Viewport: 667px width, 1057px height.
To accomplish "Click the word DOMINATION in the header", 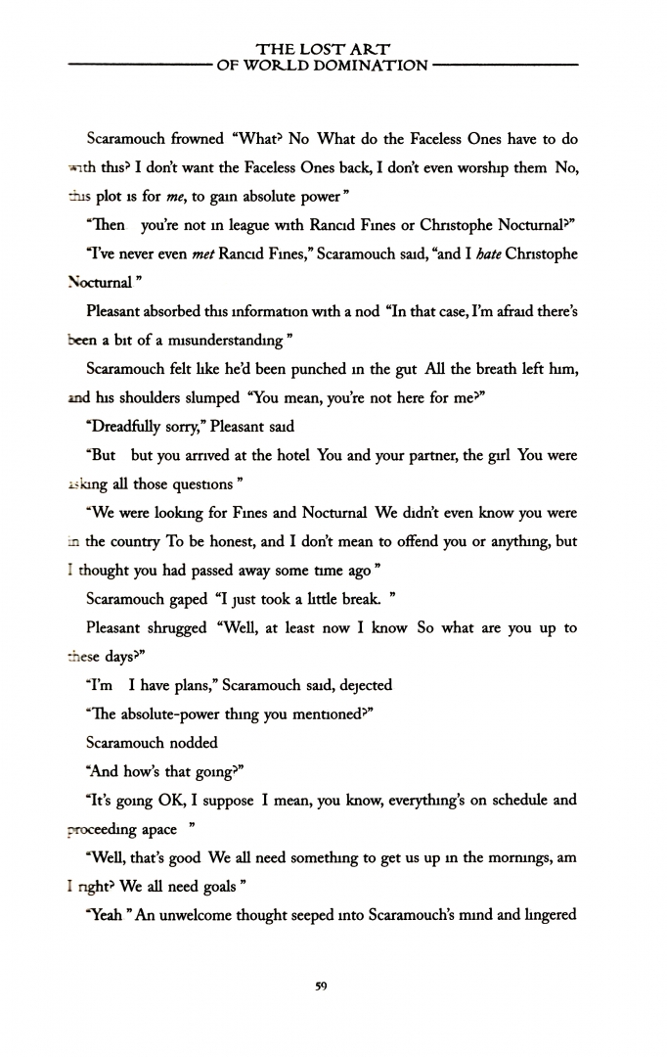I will point(373,66).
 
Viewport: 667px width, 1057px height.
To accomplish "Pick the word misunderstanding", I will point(228,340).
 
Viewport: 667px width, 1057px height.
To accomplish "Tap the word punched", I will point(318,369).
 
